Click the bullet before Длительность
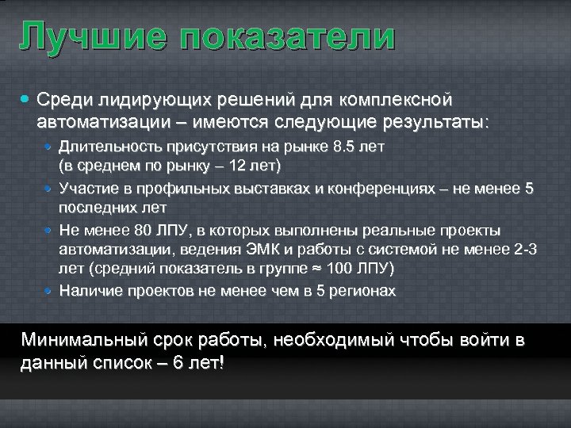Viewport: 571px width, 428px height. [49, 147]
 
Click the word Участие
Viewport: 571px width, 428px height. [88, 189]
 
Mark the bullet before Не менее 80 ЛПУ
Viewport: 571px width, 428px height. [49, 231]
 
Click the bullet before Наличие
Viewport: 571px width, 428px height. [49, 291]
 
